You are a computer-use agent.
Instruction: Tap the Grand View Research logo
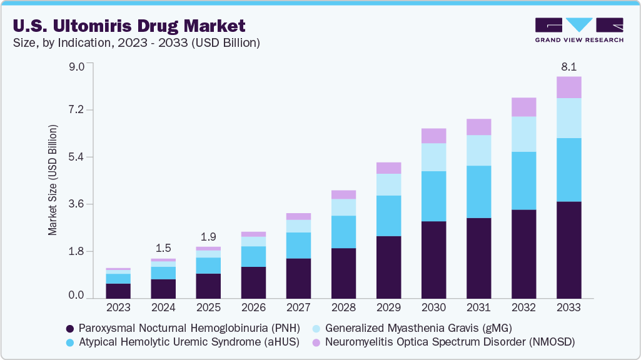coord(578,29)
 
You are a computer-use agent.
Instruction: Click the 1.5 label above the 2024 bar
coord(163,247)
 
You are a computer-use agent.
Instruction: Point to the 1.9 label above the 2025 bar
coord(208,237)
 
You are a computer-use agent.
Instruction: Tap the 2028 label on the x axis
coord(343,308)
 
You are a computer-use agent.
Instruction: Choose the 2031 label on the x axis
coord(478,308)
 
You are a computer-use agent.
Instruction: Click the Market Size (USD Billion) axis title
coord(53,180)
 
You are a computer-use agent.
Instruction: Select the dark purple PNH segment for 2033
coord(568,250)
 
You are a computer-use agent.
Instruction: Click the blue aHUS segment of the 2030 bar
coord(433,196)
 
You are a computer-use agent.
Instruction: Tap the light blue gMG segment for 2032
coord(523,134)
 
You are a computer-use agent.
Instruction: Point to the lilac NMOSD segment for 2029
coord(388,167)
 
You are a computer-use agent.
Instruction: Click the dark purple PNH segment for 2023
coord(118,291)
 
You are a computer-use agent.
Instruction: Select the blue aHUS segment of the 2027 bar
coord(298,245)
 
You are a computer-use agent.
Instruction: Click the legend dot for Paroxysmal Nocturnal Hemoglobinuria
coord(71,328)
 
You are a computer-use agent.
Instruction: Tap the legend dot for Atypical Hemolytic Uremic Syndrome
coord(71,342)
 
